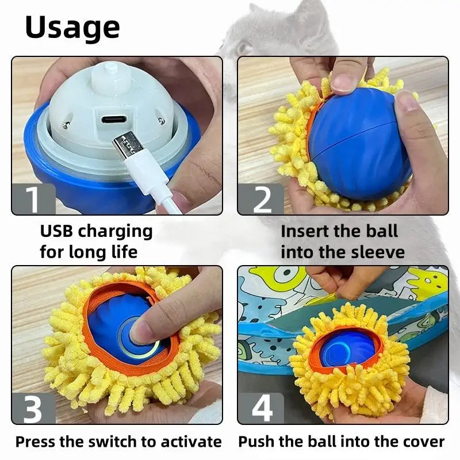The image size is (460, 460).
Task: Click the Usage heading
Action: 72,27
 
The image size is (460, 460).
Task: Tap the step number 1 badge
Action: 33,198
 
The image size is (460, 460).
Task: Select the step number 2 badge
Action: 262,198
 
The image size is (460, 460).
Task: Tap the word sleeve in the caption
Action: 376,252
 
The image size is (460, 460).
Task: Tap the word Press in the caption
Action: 35,442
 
